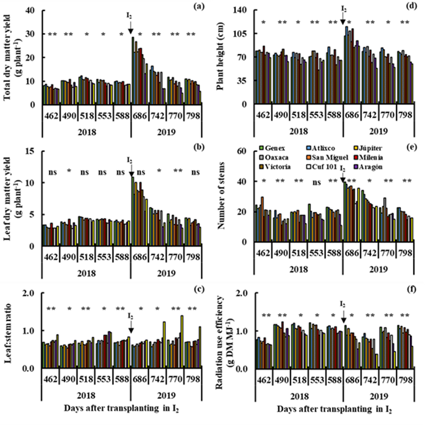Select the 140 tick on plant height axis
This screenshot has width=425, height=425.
239,11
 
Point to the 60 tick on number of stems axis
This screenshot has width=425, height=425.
243,151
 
